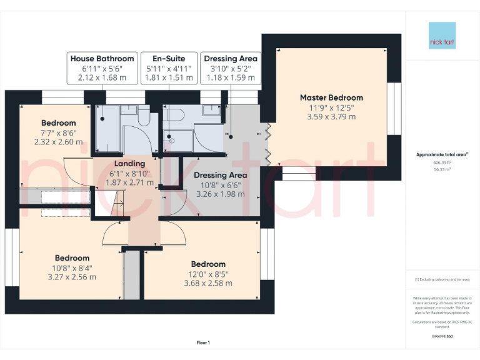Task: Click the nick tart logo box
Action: [x=442, y=36]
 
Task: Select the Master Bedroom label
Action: [x=331, y=97]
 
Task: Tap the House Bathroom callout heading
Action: [x=102, y=59]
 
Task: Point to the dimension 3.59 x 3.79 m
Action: [x=331, y=116]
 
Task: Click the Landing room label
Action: [x=130, y=163]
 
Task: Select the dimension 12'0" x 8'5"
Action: [x=208, y=273]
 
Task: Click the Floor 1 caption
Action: [x=203, y=342]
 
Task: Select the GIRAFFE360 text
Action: [x=442, y=336]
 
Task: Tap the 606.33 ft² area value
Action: [x=442, y=161]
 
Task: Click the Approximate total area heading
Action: [x=442, y=154]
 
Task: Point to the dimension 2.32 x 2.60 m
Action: [x=59, y=142]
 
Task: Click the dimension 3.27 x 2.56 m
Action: [x=72, y=277]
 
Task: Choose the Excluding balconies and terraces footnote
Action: [x=442, y=279]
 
